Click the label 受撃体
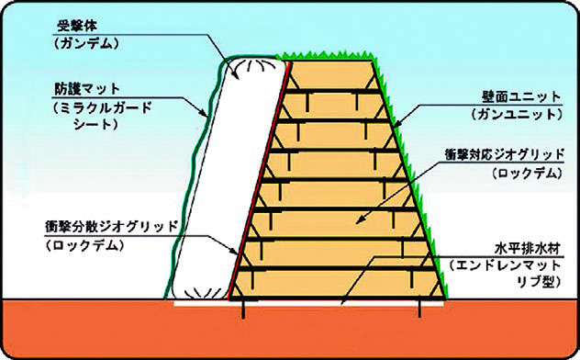tap(76, 27)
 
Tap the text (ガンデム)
tap(86, 44)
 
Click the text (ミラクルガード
tap(102, 108)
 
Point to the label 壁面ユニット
tap(521, 97)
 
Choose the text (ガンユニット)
tap(517, 115)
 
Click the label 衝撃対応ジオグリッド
tap(504, 154)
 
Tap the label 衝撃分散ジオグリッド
tap(112, 226)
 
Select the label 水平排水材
tap(528, 248)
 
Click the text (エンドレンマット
tap(505, 265)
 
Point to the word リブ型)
tap(540, 282)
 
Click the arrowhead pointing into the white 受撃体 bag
tap(235, 74)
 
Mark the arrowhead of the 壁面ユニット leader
tap(396, 126)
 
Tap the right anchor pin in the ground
tap(419, 309)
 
